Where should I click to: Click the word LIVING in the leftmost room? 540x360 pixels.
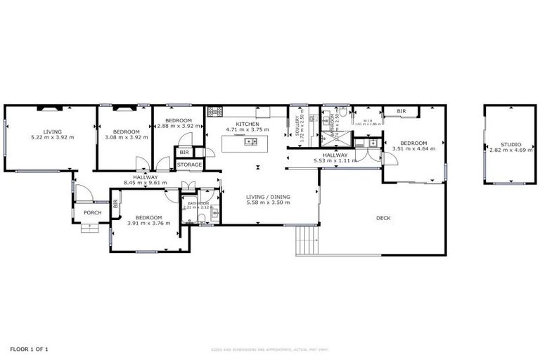(52, 131)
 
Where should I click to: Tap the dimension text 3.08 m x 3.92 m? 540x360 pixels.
(127, 138)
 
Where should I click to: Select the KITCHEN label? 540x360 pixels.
(247, 124)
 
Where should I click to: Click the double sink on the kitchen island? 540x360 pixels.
(250, 142)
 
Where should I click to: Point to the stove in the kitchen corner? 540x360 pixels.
(214, 111)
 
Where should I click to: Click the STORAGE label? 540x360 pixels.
(189, 165)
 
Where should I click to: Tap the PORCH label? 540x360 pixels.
(92, 212)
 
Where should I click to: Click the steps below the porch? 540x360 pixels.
(90, 228)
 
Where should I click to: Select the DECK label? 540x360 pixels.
(384, 218)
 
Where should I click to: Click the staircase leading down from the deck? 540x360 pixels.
(305, 241)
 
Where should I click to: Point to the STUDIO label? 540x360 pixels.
(511, 144)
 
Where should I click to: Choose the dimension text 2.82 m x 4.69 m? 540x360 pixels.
(511, 150)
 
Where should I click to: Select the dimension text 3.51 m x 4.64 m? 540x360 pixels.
(414, 148)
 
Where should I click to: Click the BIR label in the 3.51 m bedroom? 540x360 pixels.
(401, 111)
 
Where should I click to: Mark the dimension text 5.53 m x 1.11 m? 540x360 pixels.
(335, 161)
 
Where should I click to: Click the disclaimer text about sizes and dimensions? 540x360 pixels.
(270, 349)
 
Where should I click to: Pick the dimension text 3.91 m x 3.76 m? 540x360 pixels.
(149, 224)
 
